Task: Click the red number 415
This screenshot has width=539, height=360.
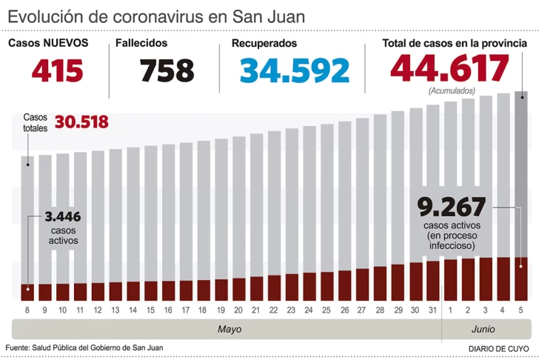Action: click(x=56, y=70)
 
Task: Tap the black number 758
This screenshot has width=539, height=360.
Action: click(x=167, y=70)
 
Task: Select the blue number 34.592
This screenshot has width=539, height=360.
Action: click(x=295, y=70)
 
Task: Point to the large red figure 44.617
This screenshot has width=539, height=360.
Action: click(x=450, y=69)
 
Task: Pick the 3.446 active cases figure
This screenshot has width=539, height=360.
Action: click(x=62, y=217)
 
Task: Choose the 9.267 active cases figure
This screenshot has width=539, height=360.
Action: click(x=451, y=205)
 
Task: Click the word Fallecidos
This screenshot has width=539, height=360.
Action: click(x=141, y=43)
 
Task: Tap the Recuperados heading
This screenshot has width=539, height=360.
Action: click(x=264, y=43)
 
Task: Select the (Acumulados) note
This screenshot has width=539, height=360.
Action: click(x=452, y=90)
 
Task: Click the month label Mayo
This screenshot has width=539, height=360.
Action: click(x=230, y=329)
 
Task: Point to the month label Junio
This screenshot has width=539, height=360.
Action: click(x=483, y=329)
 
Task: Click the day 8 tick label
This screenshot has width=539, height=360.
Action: click(x=27, y=310)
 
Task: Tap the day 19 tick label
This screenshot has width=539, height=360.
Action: click(x=221, y=310)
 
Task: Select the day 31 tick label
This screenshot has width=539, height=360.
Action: click(x=433, y=310)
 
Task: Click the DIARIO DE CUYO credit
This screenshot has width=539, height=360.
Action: click(x=498, y=347)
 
